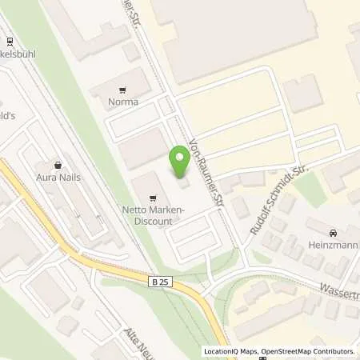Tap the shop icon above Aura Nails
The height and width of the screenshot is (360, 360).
(x=57, y=163)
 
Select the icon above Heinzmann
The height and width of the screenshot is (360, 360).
(x=330, y=226)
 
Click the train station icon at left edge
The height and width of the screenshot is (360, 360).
(x=10, y=42)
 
